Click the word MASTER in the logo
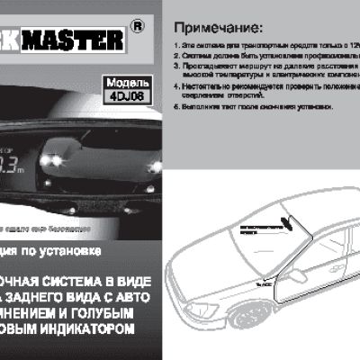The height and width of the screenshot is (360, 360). tap(72, 40)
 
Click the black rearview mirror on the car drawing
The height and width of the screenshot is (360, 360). tap(287, 222)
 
